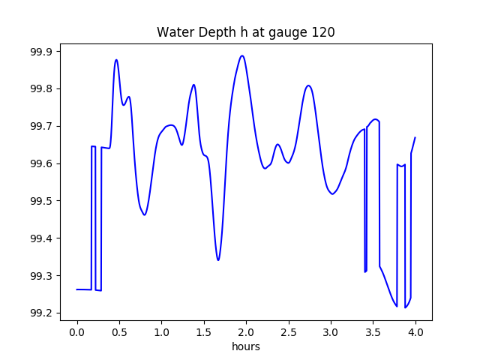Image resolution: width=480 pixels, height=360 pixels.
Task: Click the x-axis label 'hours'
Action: pyautogui.click(x=245, y=347)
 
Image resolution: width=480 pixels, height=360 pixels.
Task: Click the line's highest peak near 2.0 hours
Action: pyautogui.click(x=241, y=55)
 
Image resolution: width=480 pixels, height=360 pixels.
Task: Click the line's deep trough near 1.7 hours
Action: pyautogui.click(x=218, y=260)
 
